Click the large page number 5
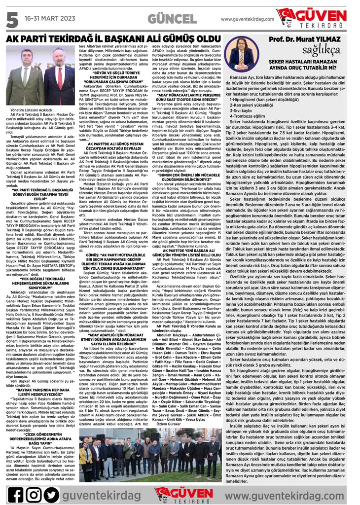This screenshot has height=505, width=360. point(12,19)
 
